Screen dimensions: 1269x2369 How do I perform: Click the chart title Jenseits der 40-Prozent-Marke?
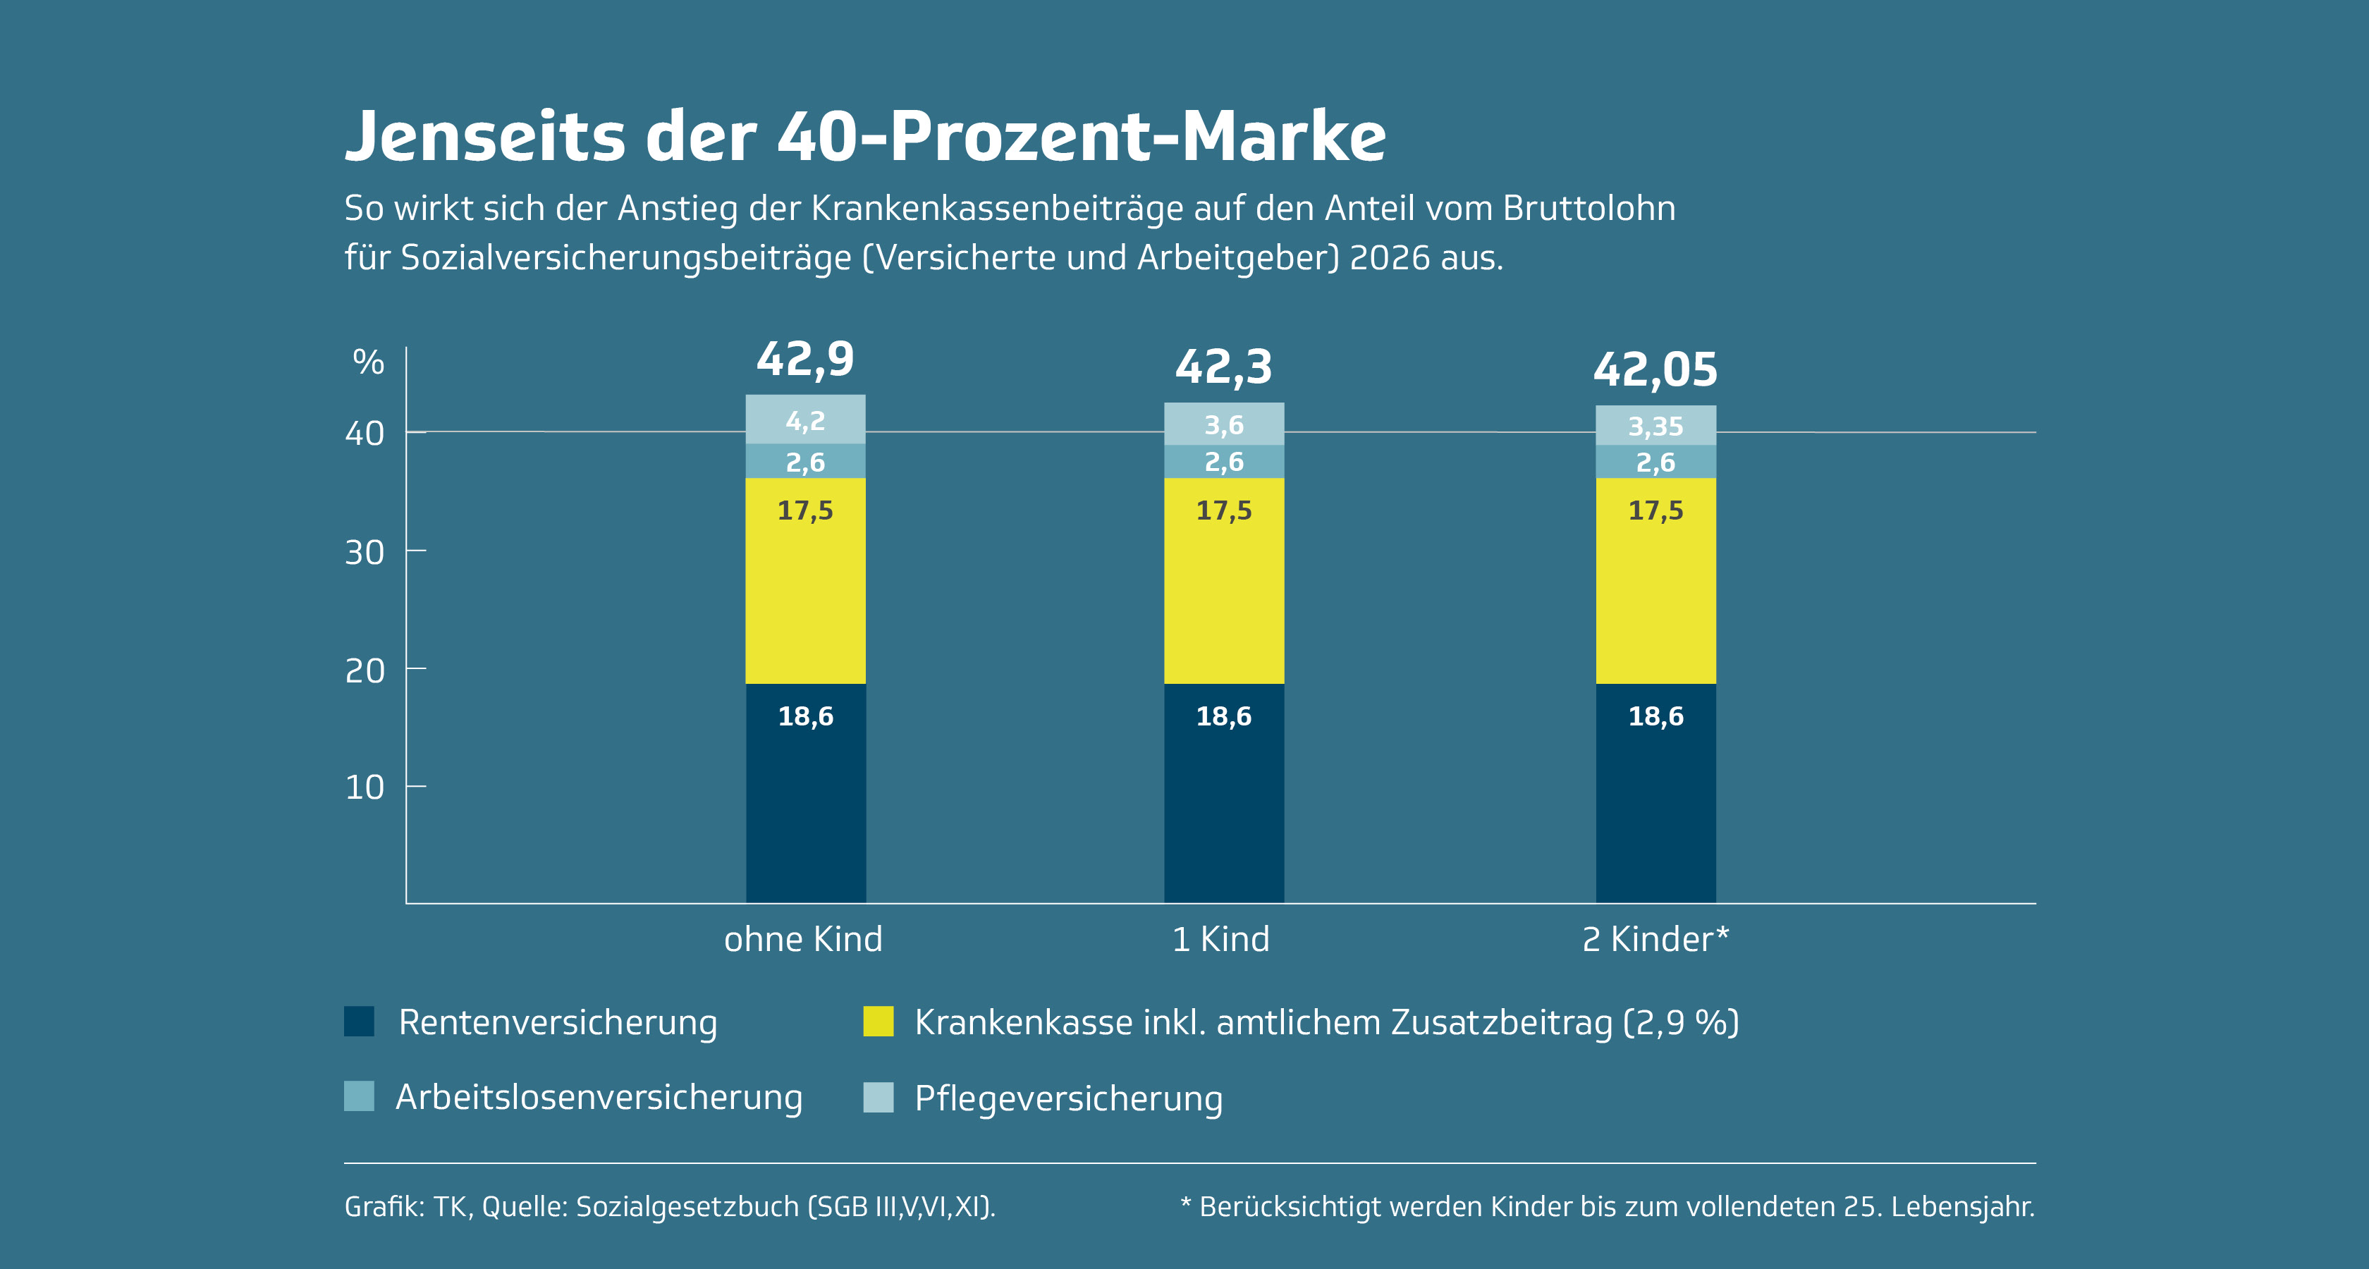864,136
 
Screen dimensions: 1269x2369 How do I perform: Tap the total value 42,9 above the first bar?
804,359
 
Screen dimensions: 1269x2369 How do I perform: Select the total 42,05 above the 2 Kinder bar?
1655,369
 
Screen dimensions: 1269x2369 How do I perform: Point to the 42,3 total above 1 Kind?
1223,367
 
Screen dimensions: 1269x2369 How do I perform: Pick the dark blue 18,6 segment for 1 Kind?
1223,791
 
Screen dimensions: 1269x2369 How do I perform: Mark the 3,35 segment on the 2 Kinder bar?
1655,426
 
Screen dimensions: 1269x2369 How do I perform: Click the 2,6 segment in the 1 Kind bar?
1223,462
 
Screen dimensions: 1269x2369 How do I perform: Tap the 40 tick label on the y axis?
365,433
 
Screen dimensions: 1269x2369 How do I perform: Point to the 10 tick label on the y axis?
365,787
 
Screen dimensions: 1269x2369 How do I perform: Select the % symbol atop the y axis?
368,362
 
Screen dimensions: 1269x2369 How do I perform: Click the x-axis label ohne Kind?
803,939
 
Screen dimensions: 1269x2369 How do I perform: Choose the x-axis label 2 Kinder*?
1655,939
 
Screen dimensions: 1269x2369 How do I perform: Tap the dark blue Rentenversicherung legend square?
359,1021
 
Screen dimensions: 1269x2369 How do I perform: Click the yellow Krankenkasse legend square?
879,1021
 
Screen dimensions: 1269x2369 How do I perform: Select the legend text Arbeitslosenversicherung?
599,1097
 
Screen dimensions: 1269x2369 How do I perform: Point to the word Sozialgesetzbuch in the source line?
687,1206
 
